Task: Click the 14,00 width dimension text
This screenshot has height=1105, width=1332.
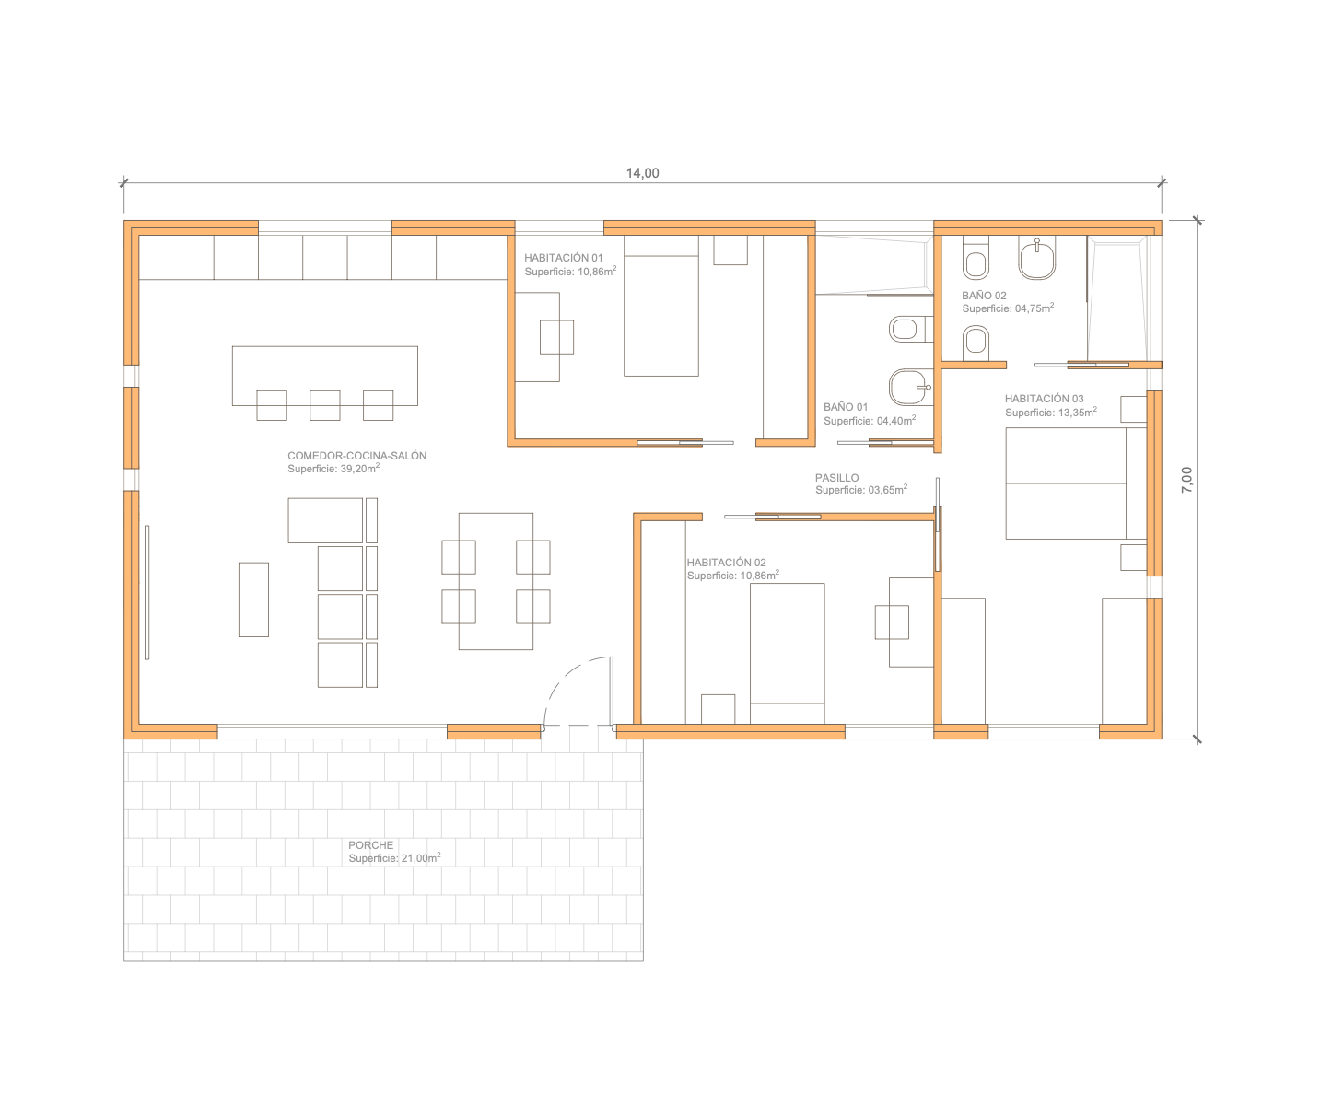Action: point(642,173)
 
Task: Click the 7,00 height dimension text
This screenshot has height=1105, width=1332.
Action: point(1186,480)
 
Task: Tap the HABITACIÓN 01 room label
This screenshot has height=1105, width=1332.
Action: point(564,258)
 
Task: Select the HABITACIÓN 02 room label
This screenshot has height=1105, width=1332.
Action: point(726,563)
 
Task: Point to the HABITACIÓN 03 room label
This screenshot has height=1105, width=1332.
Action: point(1044,399)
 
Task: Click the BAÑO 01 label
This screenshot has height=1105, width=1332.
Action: point(846,407)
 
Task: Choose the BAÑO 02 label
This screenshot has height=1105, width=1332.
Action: point(984,296)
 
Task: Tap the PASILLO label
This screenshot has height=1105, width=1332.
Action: point(836,478)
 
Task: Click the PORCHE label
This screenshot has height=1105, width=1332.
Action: point(370,844)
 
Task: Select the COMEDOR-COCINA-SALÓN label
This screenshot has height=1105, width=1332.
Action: point(356,455)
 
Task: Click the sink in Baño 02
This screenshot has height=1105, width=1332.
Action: point(1036,258)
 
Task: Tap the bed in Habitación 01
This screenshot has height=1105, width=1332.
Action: point(660,306)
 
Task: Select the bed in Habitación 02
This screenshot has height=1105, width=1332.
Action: point(787,653)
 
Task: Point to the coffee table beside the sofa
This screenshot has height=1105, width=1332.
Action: point(253,599)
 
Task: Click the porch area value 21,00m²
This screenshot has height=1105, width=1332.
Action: point(420,858)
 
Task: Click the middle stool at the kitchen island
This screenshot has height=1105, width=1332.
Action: point(324,405)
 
